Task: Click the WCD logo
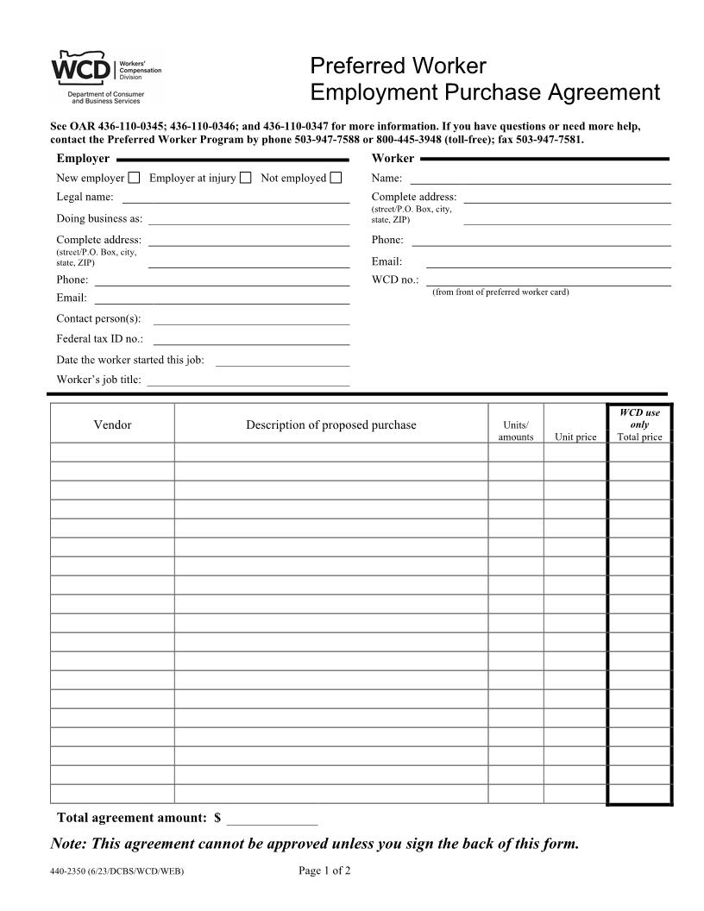point(82,68)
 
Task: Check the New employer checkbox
point(134,179)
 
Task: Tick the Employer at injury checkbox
point(245,179)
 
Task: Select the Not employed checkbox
point(336,179)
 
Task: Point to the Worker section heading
point(393,159)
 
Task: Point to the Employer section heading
point(83,159)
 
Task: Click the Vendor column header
point(112,424)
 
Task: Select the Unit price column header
point(575,437)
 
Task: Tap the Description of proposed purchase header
point(330,424)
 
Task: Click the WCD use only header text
point(639,418)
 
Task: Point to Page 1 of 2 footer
point(324,870)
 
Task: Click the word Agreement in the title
point(596,92)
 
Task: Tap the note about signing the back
point(314,844)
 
